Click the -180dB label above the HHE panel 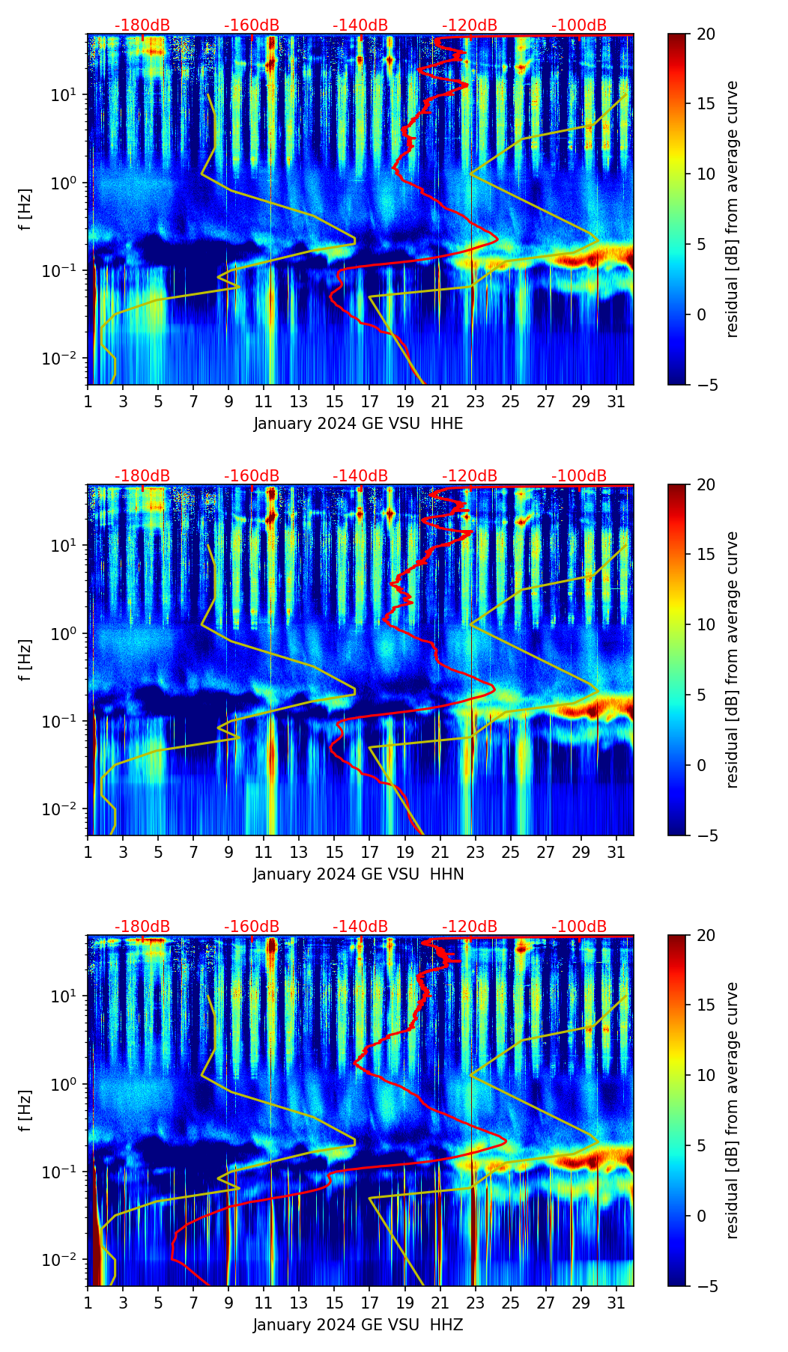pos(142,25)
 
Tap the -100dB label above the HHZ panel pos(579,927)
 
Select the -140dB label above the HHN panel pos(360,476)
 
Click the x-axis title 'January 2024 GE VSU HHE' pos(358,424)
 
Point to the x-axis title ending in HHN pos(358,874)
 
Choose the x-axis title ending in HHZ pos(358,1325)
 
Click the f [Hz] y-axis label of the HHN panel pos(25,660)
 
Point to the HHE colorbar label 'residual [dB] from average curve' pos(732,209)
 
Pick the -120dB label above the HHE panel pos(470,25)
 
